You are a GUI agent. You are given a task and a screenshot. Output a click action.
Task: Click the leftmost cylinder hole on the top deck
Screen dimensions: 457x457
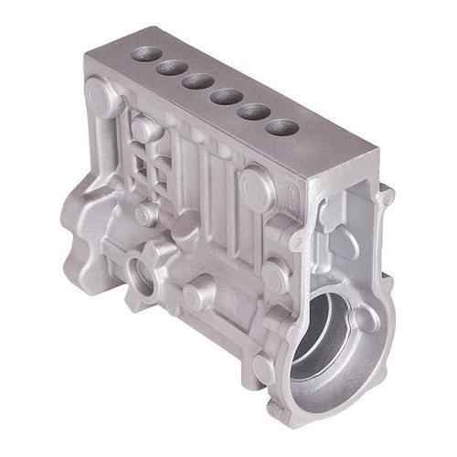coord(145,54)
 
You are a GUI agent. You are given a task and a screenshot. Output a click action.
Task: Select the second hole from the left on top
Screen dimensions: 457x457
coord(171,68)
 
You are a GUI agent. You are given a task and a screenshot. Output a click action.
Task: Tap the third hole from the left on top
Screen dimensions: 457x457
coord(197,81)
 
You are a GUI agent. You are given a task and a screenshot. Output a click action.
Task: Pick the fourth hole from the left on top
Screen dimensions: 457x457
coord(225,96)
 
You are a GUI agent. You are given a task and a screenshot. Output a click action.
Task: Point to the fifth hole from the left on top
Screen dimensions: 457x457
coord(253,112)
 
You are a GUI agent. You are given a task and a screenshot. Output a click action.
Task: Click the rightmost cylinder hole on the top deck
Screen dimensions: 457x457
coord(282,127)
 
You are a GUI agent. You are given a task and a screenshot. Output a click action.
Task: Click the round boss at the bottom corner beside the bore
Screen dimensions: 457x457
coord(265,370)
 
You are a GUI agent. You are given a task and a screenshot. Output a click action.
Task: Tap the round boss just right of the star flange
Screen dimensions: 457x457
coord(195,295)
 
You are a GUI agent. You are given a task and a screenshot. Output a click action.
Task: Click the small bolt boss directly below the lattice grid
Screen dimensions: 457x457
coord(146,216)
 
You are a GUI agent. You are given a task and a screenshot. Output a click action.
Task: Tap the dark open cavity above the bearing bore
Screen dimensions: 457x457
coord(340,233)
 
